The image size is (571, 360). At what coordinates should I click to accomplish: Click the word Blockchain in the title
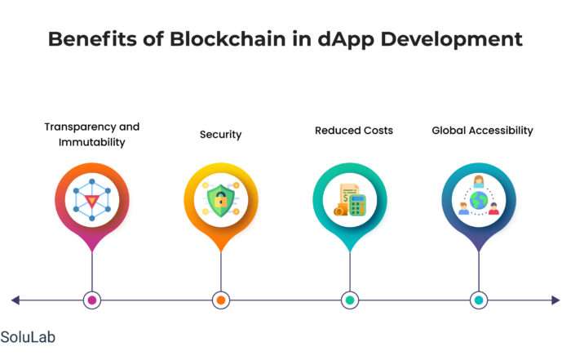coord(228,38)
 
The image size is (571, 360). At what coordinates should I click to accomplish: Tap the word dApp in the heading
coord(346,40)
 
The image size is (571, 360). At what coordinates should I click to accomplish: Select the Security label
coord(221,135)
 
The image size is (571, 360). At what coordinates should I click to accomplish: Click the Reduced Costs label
coord(354,131)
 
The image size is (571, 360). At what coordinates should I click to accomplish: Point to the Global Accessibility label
coord(483,131)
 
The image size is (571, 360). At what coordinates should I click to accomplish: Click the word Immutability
coord(91,142)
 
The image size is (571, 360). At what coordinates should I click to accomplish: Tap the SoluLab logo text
coord(28,337)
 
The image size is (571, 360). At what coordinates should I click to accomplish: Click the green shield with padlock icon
coord(220,200)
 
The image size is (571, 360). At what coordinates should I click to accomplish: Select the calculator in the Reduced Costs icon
coord(357,205)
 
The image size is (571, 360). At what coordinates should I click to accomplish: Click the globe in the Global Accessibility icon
coord(479,200)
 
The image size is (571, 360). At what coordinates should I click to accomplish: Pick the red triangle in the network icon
coord(91,201)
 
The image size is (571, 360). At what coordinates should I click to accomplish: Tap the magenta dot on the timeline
coord(92,300)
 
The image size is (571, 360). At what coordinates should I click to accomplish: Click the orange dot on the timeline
coord(221,300)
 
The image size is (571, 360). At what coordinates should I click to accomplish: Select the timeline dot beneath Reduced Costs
coord(350,300)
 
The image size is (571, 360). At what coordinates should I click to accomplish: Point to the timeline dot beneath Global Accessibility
coord(479,300)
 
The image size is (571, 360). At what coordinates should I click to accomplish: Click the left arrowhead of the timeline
coord(15,300)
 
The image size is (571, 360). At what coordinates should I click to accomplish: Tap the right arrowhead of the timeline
coord(556,300)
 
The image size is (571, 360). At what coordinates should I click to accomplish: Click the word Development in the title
coord(452,40)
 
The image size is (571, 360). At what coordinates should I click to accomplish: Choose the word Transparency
coord(79,127)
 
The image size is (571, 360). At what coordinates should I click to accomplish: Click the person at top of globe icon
coord(479,181)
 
